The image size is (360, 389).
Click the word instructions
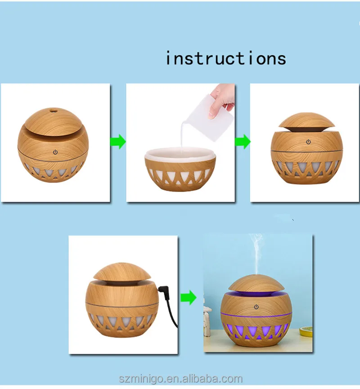(x=225, y=58)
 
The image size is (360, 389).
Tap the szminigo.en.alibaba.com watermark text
(x=180, y=379)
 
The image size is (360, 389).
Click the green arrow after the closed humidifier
(x=118, y=142)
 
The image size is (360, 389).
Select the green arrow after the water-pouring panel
(x=243, y=142)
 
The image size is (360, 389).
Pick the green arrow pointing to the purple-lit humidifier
(x=189, y=297)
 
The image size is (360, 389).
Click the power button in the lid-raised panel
(x=308, y=142)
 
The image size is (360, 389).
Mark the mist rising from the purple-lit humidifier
(x=257, y=254)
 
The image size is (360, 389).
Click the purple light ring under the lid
(x=256, y=294)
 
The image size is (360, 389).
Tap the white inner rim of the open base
(x=180, y=153)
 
